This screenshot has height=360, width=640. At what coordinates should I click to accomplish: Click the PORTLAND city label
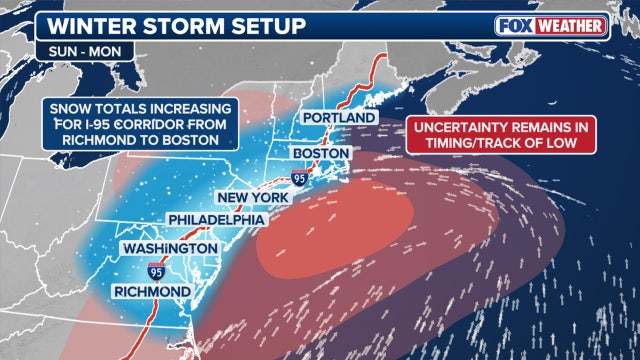pyautogui.click(x=339, y=118)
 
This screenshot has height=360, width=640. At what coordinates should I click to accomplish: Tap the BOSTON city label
pyautogui.click(x=321, y=153)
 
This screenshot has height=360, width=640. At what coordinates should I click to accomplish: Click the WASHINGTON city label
pyautogui.click(x=169, y=247)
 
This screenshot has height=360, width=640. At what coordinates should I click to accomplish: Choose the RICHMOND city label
pyautogui.click(x=154, y=291)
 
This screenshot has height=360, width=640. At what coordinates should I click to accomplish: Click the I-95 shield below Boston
pyautogui.click(x=300, y=176)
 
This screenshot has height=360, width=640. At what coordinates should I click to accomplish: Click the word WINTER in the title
pyautogui.click(x=75, y=22)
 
